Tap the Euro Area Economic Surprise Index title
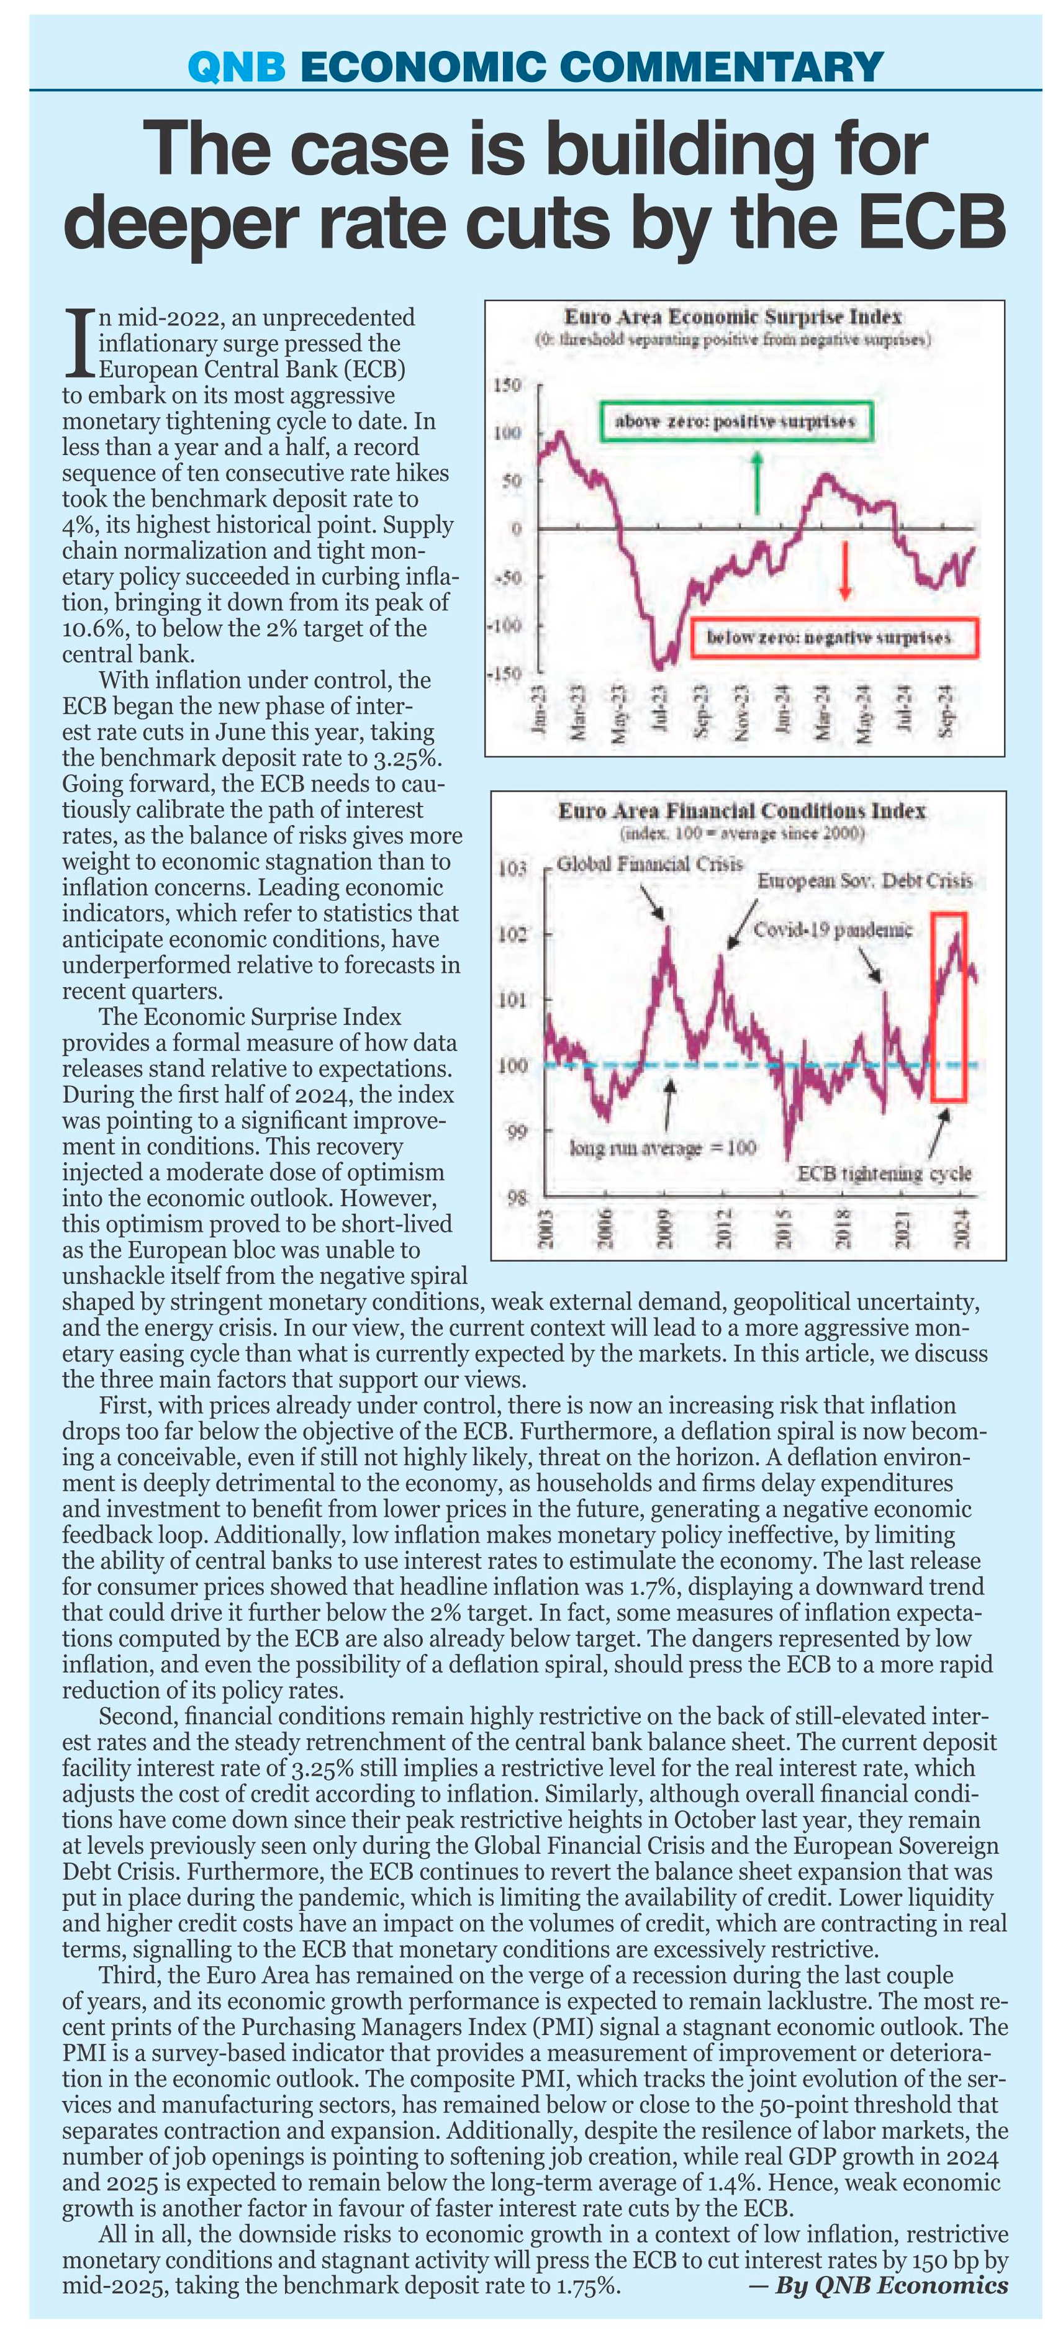[x=733, y=317]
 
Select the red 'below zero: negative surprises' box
[x=833, y=637]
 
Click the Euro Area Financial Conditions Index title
[x=741, y=810]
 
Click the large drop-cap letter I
[x=80, y=343]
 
